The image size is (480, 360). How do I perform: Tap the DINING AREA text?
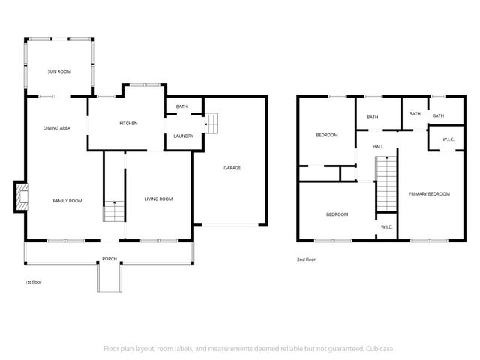(x=56, y=129)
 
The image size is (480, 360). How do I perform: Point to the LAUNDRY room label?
(x=183, y=136)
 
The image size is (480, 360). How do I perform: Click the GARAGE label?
(x=232, y=168)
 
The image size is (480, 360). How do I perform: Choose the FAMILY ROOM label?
(x=67, y=200)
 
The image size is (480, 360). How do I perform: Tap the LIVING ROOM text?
(x=158, y=199)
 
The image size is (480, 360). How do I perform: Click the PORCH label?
(x=109, y=259)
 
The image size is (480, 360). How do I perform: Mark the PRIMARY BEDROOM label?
(x=429, y=193)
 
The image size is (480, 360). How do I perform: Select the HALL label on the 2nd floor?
(x=378, y=146)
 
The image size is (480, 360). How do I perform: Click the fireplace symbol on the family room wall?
(x=20, y=197)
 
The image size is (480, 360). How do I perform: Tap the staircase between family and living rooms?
(x=113, y=211)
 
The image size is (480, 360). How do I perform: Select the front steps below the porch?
(x=109, y=278)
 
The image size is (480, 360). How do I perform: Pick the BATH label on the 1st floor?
(x=181, y=106)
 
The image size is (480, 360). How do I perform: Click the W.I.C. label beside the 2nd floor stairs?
(x=386, y=226)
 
